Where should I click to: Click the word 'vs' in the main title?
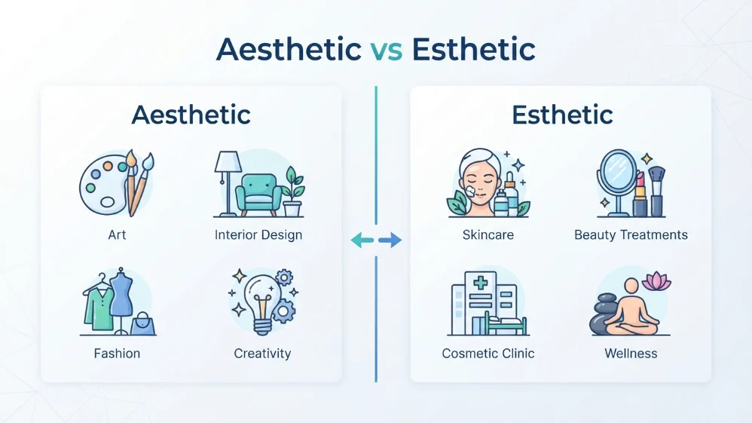point(387,50)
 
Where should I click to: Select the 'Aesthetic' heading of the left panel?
point(191,115)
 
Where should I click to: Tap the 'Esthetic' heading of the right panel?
point(562,115)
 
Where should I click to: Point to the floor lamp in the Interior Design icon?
point(227,182)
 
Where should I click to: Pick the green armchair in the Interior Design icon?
point(258,195)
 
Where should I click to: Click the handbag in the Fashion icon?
point(142,324)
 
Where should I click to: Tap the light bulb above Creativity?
point(261,305)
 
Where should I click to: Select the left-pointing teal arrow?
point(362,240)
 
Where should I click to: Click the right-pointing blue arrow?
point(390,240)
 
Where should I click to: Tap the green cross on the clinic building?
point(480,282)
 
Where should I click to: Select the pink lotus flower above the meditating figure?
point(656,281)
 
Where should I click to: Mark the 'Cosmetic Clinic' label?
point(488,354)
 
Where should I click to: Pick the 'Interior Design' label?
point(258,234)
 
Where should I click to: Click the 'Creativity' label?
point(262,354)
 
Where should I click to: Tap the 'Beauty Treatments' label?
point(631,234)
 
